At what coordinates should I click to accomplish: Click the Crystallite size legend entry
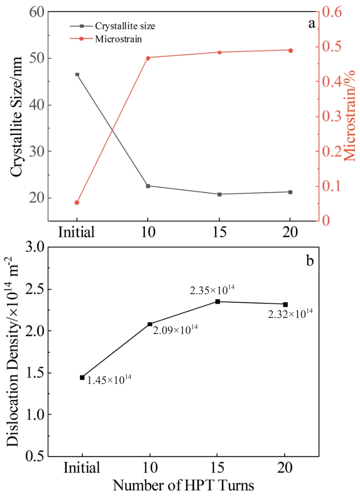click(x=124, y=26)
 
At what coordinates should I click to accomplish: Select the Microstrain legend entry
click(x=118, y=39)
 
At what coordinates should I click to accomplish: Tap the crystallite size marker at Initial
click(x=77, y=74)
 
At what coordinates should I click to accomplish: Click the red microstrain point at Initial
click(x=77, y=202)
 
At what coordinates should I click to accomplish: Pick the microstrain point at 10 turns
click(x=148, y=58)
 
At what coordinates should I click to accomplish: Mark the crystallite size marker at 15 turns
click(x=219, y=194)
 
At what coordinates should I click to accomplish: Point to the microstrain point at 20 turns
click(x=290, y=50)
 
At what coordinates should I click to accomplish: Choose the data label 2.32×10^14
click(x=290, y=314)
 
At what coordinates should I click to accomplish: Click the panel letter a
click(x=311, y=23)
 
